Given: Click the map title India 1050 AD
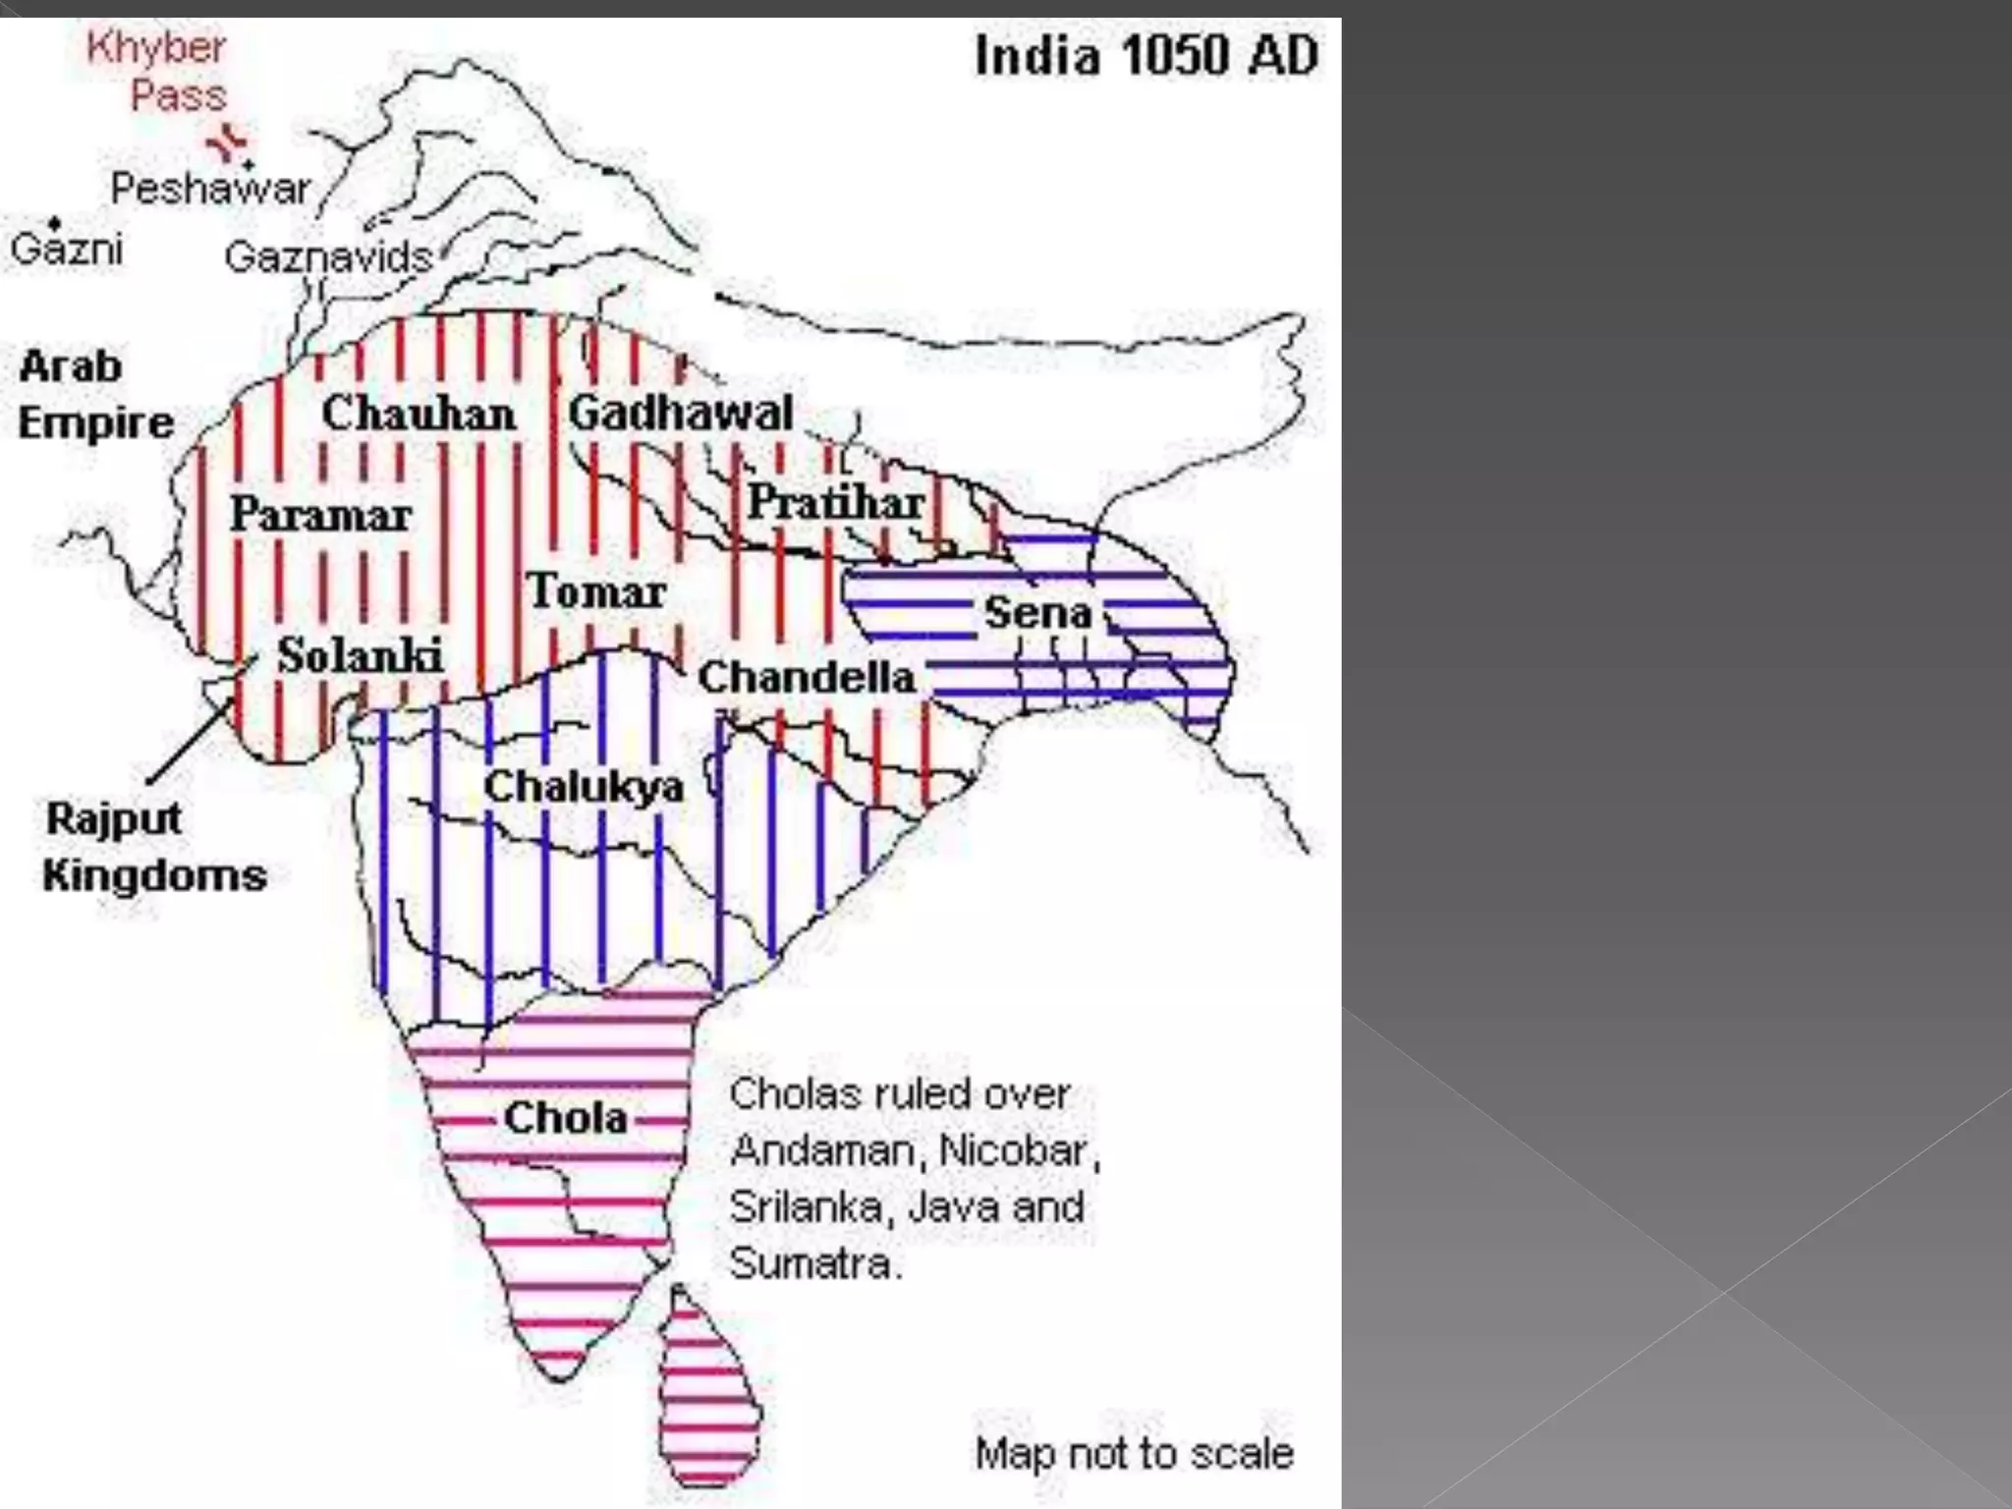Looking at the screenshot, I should [1146, 56].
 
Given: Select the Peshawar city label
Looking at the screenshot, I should [210, 189].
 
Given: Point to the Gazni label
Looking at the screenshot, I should [67, 250].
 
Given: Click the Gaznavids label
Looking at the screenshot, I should [328, 257].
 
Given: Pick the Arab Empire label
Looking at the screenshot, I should [95, 395].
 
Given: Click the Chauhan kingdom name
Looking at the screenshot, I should [419, 414].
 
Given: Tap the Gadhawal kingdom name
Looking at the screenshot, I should [681, 413].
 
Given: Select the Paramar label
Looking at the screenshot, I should [320, 515].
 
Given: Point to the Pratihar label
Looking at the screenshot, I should [836, 503].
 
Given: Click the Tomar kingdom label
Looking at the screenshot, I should [596, 591].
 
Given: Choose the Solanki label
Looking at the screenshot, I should [360, 655].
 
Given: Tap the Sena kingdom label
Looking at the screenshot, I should [1037, 613].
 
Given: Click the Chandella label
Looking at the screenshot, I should [806, 677].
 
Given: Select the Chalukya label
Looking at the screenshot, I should [584, 786].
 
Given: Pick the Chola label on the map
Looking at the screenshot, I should [565, 1118].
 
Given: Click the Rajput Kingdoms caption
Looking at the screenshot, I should [154, 846].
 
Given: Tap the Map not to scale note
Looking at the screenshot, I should [1134, 1453].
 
